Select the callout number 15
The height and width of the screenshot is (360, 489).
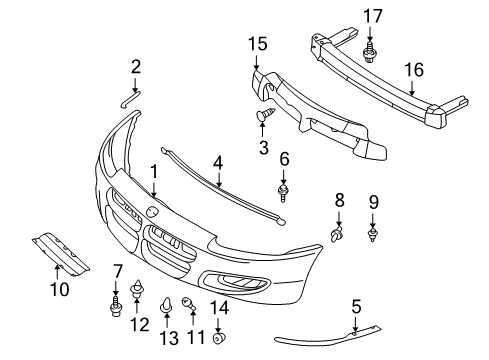tap(257, 45)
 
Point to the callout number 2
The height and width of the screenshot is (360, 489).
tap(136, 67)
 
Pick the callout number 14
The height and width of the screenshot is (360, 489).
tap(219, 308)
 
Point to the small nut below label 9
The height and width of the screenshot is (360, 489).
tap(373, 235)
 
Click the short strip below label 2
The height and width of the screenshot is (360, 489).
tap(130, 100)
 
